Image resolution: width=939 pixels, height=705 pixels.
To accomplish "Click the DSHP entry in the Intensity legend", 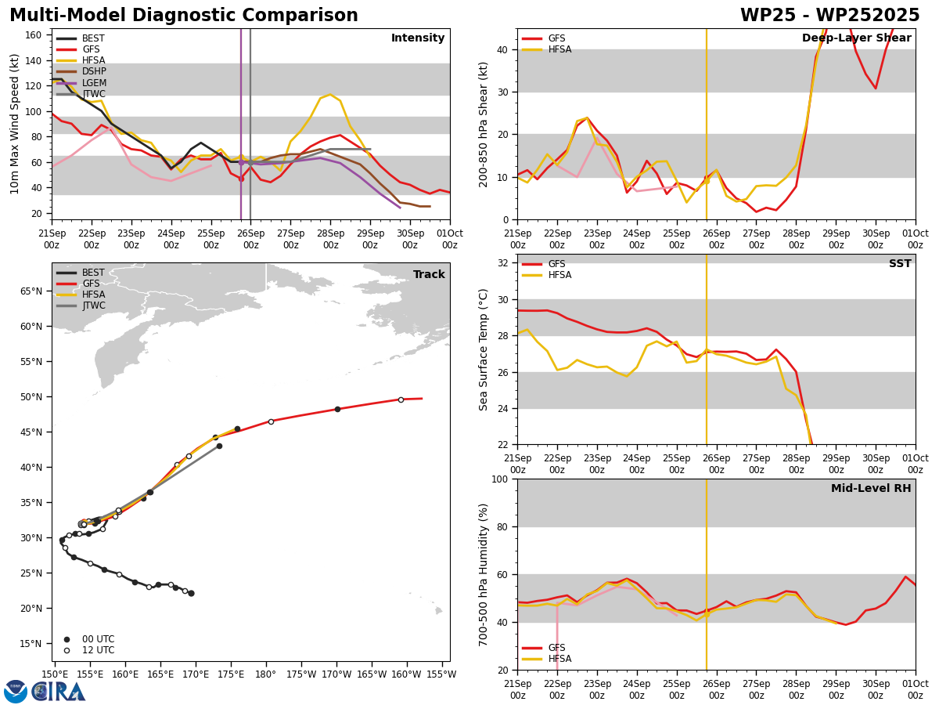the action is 81,71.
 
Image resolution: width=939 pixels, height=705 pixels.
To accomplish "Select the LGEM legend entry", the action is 81,82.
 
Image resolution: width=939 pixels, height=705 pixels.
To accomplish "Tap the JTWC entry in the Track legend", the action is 81,305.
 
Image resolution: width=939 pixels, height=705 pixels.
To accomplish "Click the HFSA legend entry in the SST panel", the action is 547,275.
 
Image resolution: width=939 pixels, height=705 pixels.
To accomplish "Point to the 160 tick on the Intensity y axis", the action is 33,35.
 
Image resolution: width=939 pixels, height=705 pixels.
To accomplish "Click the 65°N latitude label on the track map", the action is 31,291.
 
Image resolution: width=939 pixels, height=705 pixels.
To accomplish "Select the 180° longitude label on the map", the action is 265,674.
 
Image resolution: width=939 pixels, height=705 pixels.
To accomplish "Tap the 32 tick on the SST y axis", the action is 502,263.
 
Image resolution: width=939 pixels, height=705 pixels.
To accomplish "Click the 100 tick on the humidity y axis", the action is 500,479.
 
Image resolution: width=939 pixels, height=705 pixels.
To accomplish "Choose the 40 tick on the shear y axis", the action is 502,49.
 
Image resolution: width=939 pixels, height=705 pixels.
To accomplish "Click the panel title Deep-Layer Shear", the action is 856,38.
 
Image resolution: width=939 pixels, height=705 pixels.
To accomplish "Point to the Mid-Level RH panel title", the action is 871,488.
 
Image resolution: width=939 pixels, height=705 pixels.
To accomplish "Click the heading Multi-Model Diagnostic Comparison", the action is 184,16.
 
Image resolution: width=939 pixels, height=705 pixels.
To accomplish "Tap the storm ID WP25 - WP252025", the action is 830,16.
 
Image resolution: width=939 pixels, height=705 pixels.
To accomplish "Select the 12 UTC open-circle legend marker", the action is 67,651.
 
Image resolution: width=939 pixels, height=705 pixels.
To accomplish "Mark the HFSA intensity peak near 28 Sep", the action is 330,94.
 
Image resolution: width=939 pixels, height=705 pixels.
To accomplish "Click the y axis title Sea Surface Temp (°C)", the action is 484,350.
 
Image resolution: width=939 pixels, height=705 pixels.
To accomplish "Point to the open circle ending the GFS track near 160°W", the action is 401,399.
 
